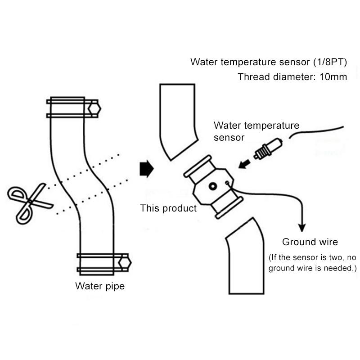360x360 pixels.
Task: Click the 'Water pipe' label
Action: [x=99, y=286]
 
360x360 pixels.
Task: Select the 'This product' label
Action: [x=168, y=208]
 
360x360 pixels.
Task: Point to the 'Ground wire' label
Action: [x=310, y=242]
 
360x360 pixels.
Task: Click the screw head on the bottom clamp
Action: [x=124, y=263]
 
